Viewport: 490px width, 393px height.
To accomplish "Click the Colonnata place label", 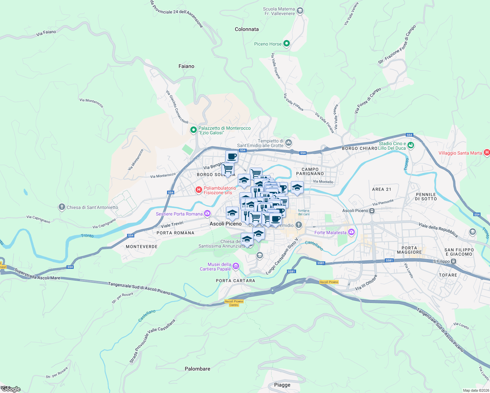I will point(247,29).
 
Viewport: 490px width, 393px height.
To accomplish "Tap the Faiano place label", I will point(186,66).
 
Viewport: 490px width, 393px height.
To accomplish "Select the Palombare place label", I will point(198,369).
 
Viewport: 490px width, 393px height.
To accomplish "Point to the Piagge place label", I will point(282,385).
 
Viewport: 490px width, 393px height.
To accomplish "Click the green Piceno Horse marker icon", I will point(287,44).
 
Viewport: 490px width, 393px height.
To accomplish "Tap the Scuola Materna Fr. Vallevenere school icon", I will point(300,11).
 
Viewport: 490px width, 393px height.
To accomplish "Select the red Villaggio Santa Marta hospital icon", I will point(487,153).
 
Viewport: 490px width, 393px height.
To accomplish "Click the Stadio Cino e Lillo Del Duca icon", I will point(411,145).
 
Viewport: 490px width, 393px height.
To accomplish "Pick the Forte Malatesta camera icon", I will point(351,232).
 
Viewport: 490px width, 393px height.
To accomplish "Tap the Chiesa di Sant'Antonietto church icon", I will point(62,207).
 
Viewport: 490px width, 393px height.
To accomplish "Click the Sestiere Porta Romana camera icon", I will point(207,214).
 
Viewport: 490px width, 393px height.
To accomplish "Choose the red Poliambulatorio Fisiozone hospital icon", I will point(198,190).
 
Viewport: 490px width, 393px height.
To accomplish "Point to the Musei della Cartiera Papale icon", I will point(236,267).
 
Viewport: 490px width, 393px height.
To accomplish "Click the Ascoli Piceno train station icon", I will point(372,211).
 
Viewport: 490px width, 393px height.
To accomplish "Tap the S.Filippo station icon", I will point(454,261).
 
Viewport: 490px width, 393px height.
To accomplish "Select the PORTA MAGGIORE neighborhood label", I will point(409,250).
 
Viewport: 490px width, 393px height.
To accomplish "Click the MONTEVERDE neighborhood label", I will point(141,247).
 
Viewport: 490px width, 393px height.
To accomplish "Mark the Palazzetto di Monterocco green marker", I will point(194,130).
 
